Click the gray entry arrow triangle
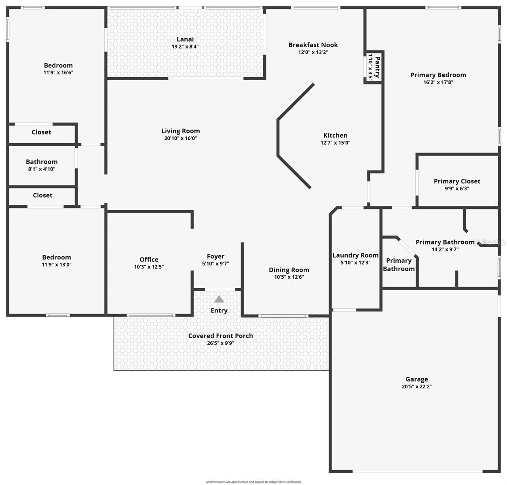click(219, 299)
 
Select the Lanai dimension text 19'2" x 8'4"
click(185, 46)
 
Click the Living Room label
click(180, 131)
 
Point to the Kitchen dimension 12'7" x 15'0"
click(335, 143)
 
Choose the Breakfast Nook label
click(313, 45)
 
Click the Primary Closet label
click(457, 181)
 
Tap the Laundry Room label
click(355, 255)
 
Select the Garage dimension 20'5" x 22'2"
click(416, 386)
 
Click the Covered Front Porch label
click(220, 336)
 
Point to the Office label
click(149, 259)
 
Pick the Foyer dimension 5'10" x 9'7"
click(215, 264)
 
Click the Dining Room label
click(289, 270)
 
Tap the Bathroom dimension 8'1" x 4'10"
click(42, 169)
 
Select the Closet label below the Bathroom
click(42, 195)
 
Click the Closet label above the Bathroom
click(41, 132)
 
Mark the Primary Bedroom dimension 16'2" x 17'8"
click(438, 82)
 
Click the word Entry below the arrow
click(219, 310)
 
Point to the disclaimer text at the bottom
click(253, 482)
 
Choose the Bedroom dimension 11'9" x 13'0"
click(57, 265)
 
